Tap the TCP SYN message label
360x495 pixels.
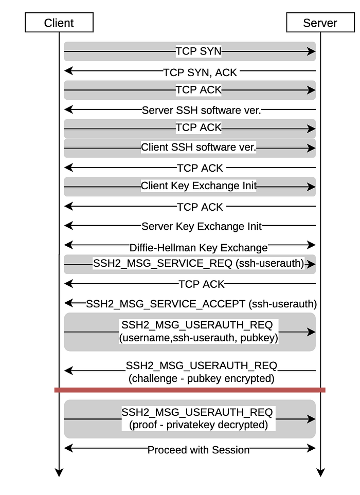pyautogui.click(x=199, y=51)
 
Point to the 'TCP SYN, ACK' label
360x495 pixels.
pyautogui.click(x=200, y=72)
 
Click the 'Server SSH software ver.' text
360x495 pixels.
pyautogui.click(x=202, y=110)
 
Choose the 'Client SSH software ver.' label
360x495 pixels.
pyautogui.click(x=199, y=147)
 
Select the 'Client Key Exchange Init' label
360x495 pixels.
pyautogui.click(x=199, y=186)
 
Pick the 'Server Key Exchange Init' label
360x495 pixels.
pyautogui.click(x=202, y=226)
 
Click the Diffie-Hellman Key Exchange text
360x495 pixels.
pyautogui.click(x=199, y=248)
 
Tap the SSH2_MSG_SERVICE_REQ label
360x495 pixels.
pyautogui.click(x=199, y=263)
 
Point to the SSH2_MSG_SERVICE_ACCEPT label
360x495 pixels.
pyautogui.click(x=202, y=304)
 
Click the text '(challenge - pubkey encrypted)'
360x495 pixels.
pyautogui.click(x=202, y=378)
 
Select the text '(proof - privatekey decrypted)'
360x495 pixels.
pyautogui.click(x=199, y=425)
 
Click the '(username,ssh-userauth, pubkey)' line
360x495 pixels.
pyautogui.click(x=199, y=338)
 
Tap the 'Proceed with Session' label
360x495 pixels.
pyautogui.click(x=199, y=450)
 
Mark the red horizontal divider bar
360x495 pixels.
pyautogui.click(x=190, y=390)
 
